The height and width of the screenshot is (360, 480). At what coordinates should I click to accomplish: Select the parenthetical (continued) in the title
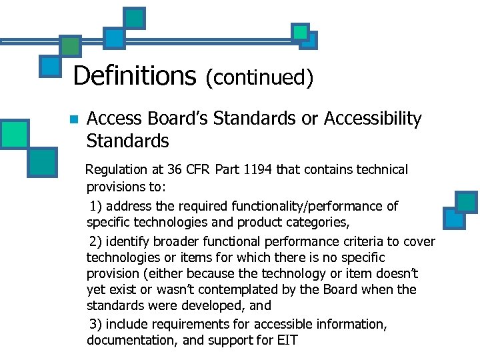coord(259,77)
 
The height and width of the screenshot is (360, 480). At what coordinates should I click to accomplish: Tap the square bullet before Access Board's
coord(73,120)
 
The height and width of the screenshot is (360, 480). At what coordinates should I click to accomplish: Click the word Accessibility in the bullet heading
coord(373,119)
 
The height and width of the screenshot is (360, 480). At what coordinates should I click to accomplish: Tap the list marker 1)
coord(97,206)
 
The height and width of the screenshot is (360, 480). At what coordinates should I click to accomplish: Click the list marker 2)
coord(97,241)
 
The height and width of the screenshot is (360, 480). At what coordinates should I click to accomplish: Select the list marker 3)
coord(97,324)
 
